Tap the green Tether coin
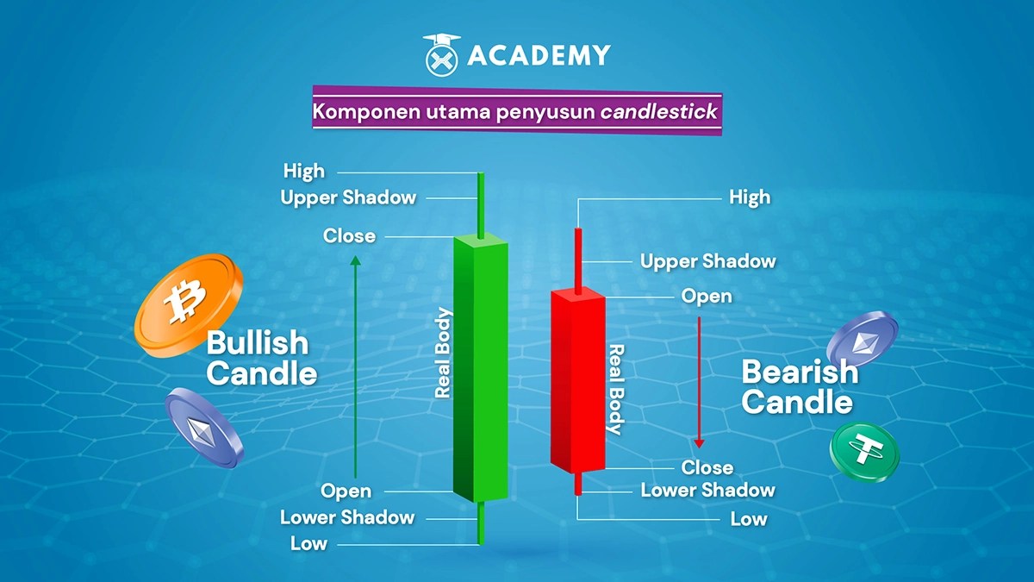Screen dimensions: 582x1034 863,451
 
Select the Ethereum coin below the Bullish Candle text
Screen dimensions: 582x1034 203,426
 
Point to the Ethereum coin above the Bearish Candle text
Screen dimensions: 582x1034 862,339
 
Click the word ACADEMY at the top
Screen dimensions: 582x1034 539,56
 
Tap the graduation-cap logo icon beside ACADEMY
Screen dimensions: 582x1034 442,54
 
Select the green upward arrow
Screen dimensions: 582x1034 354,362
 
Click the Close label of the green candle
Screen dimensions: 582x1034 349,235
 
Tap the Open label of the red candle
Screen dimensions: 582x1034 707,297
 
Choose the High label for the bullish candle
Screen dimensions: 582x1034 304,172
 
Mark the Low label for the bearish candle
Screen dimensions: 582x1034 748,519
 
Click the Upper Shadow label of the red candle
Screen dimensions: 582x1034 707,260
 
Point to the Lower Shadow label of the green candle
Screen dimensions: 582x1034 347,517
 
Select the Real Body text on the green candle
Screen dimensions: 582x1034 444,353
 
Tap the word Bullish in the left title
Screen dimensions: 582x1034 257,343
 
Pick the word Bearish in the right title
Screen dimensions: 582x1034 800,372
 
